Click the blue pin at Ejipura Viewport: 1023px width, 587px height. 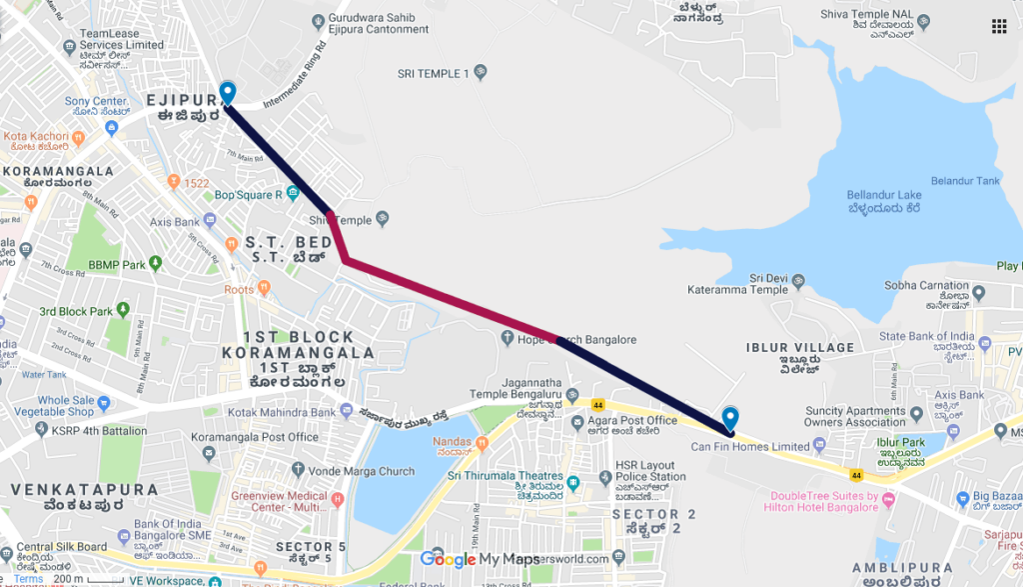coord(228,92)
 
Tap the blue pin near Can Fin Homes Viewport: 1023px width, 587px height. coord(730,418)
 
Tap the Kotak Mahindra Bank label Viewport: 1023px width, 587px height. coord(279,412)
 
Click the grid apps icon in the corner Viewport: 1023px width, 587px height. coord(998,26)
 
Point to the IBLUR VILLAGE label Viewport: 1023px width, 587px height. coord(800,348)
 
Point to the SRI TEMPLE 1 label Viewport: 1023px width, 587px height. coord(433,74)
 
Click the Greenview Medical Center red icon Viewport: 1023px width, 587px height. coord(337,499)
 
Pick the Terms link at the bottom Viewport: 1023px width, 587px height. coord(28,578)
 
